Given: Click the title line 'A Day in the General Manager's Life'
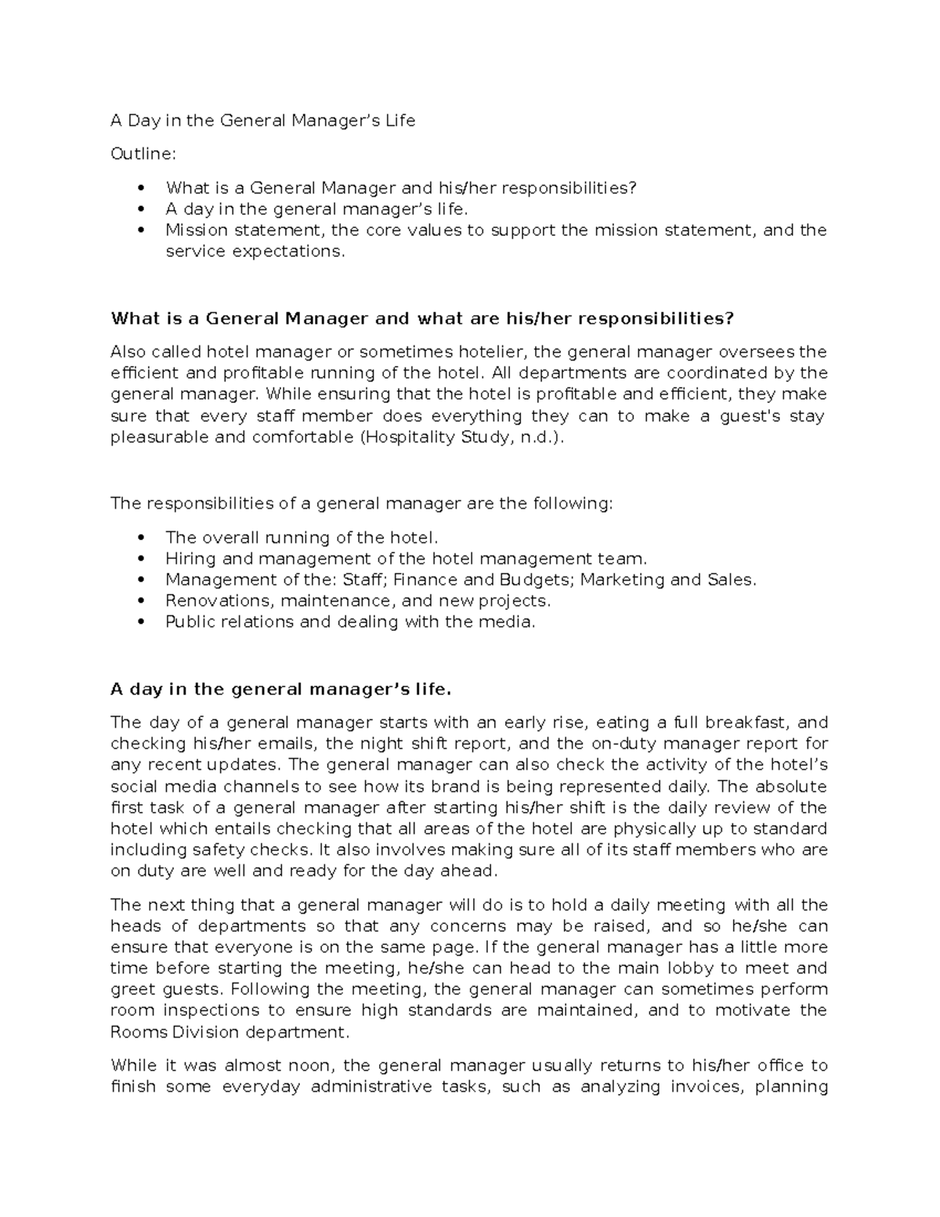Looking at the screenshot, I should (x=262, y=121).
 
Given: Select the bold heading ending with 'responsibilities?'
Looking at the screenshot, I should (x=422, y=318).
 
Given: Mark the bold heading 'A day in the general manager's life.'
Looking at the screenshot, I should (x=281, y=690).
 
